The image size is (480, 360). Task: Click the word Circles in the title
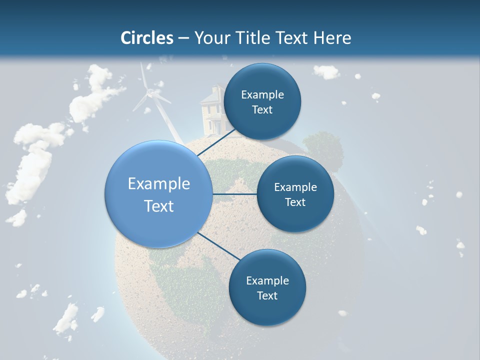click(147, 38)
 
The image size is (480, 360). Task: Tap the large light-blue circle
click(158, 194)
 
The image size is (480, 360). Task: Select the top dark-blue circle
click(262, 101)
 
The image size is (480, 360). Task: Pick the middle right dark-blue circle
click(295, 194)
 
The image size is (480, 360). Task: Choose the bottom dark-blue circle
click(267, 287)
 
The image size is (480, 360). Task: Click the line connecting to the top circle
click(217, 142)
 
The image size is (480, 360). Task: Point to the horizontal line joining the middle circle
click(234, 194)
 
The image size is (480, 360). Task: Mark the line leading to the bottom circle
click(219, 246)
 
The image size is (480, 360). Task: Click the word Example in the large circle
click(158, 183)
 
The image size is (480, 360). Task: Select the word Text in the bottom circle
click(267, 295)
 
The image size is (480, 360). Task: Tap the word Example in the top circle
click(262, 94)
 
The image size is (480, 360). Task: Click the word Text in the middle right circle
click(295, 202)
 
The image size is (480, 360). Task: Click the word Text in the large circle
click(158, 206)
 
